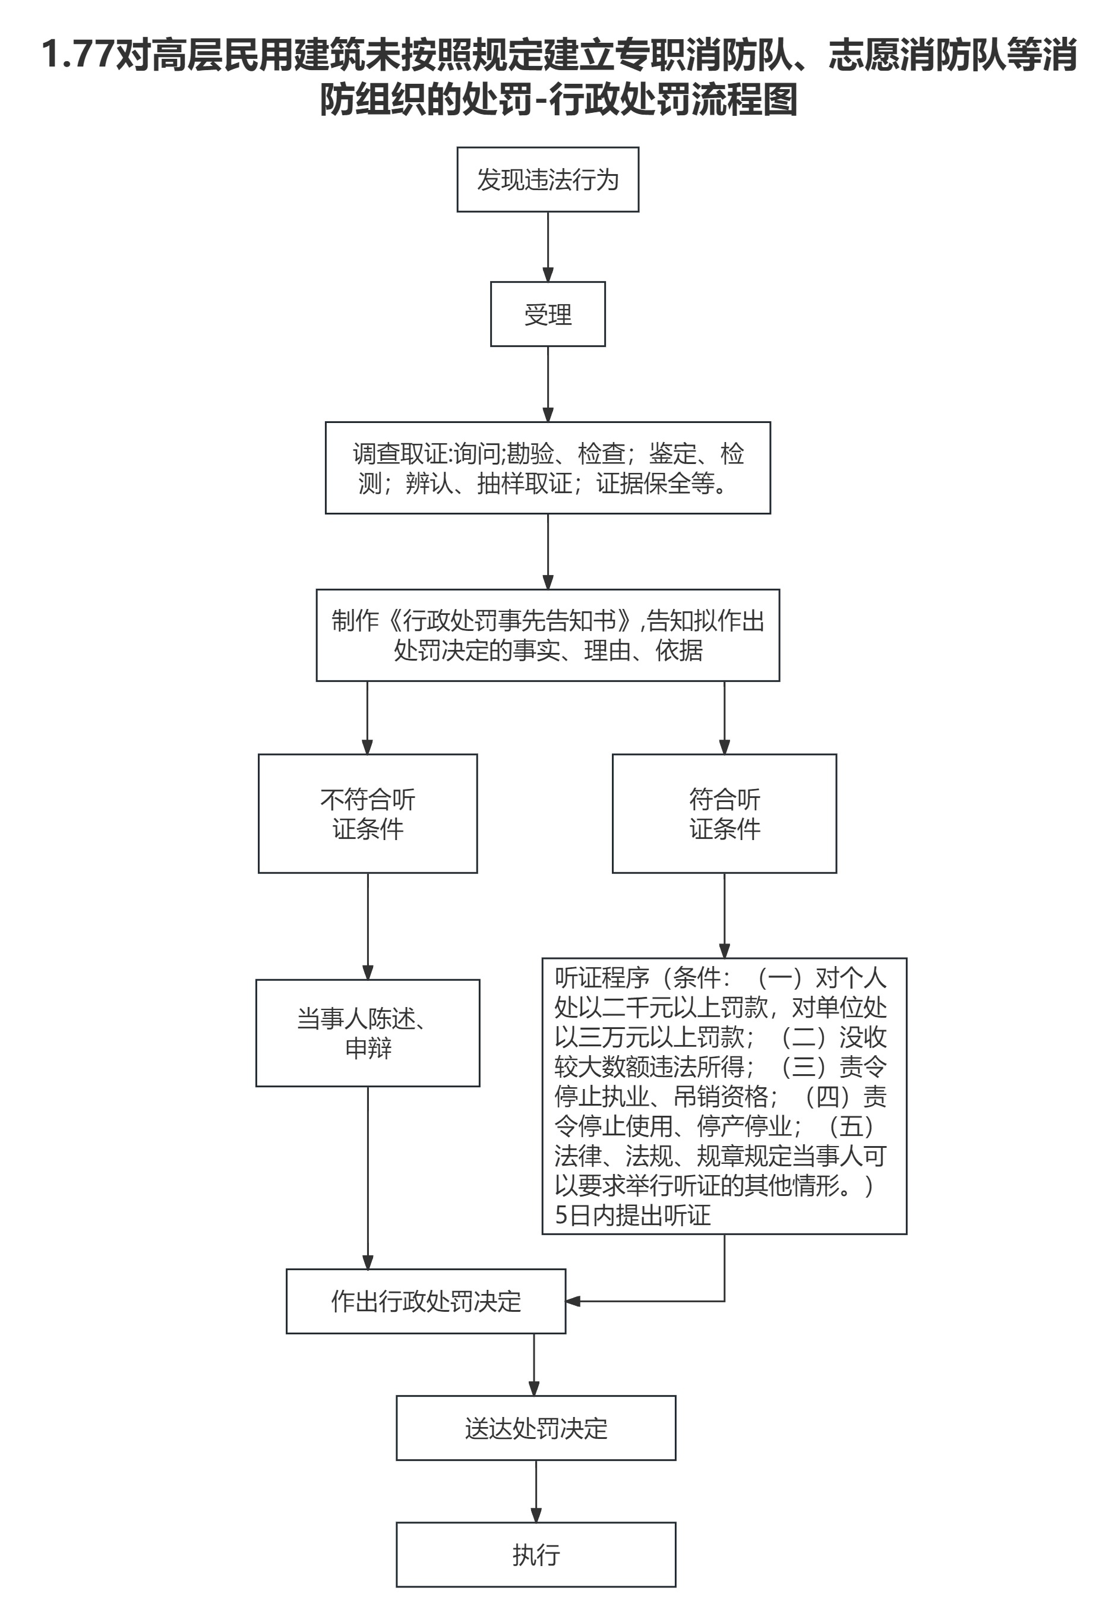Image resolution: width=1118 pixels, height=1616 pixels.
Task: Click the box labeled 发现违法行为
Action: coord(548,179)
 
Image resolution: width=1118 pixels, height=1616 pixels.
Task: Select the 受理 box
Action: coord(548,314)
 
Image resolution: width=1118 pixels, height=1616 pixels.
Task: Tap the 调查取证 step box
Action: coord(548,468)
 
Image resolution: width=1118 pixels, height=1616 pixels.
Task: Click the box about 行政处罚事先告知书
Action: coord(548,635)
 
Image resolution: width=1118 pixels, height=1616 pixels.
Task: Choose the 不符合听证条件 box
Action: coord(368,813)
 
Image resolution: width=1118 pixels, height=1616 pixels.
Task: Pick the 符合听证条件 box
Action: coord(724,813)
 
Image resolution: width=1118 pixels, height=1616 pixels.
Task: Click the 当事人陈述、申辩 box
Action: coord(368,1033)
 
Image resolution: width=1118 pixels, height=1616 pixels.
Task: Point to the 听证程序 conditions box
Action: coord(724,1096)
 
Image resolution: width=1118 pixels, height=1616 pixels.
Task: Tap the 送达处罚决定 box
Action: coord(536,1428)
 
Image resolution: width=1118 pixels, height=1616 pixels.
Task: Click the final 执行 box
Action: coord(536,1554)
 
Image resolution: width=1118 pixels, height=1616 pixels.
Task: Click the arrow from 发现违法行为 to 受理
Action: coord(548,247)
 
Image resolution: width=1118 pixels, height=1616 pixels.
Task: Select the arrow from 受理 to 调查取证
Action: coord(548,384)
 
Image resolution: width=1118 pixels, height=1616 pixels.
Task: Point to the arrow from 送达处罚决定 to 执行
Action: coord(536,1491)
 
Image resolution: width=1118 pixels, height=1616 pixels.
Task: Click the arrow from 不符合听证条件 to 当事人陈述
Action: coord(368,926)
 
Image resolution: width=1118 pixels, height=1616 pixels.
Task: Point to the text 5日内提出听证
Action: coord(633,1214)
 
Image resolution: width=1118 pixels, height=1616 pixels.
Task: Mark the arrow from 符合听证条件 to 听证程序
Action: coord(724,915)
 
